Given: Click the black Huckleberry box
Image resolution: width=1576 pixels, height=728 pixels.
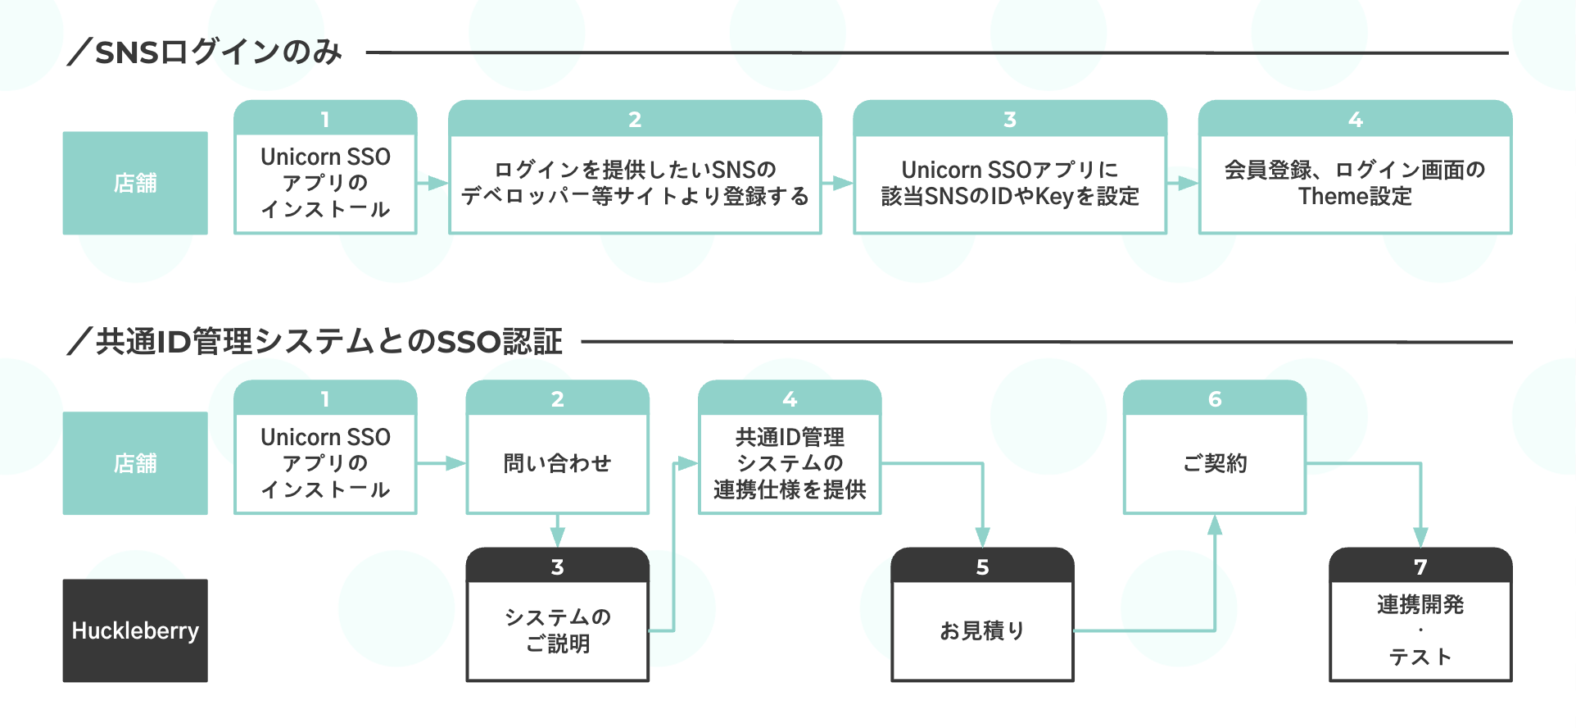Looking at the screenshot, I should [135, 630].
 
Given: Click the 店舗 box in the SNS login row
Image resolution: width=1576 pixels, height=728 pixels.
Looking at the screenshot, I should [135, 183].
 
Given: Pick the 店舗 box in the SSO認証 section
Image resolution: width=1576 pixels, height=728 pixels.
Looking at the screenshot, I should [135, 463].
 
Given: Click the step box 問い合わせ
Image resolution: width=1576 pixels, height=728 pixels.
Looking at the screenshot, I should [557, 463].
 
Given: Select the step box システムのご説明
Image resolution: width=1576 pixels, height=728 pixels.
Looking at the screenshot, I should [557, 630].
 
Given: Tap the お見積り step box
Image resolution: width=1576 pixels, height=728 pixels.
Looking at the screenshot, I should [982, 630].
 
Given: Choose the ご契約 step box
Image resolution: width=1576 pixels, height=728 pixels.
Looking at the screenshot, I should [1215, 463].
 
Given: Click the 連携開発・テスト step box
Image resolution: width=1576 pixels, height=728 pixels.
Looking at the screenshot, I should [1420, 630].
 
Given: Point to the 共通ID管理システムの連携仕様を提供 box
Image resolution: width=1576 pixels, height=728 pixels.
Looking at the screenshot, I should [790, 463].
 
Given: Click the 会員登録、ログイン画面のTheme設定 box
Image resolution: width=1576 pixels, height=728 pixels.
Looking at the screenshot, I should [1355, 183].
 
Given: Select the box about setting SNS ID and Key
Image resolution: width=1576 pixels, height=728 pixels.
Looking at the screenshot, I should [1010, 183].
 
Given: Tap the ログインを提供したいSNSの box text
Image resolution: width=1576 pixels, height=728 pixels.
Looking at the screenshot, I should [635, 171].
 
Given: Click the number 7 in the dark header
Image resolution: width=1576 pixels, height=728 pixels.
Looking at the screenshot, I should [1420, 566].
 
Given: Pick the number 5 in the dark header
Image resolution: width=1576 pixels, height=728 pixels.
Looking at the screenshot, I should [982, 566].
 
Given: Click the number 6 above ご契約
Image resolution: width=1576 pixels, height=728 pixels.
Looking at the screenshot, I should [1215, 399].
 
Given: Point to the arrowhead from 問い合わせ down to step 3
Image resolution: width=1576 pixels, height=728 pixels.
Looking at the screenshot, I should [557, 537].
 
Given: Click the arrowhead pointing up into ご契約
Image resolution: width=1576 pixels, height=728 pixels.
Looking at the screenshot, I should [1215, 525].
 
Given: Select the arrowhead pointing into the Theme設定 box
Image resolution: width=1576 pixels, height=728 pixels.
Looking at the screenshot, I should [1187, 183].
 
